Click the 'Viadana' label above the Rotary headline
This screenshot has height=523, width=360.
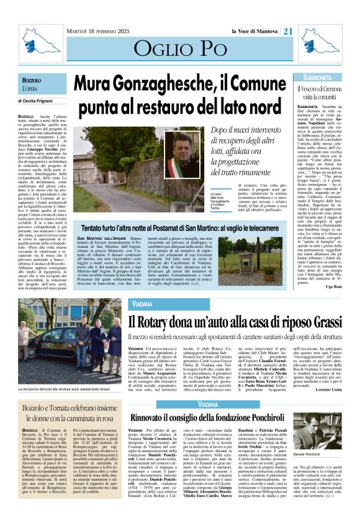pyautogui.click(x=141, y=305)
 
